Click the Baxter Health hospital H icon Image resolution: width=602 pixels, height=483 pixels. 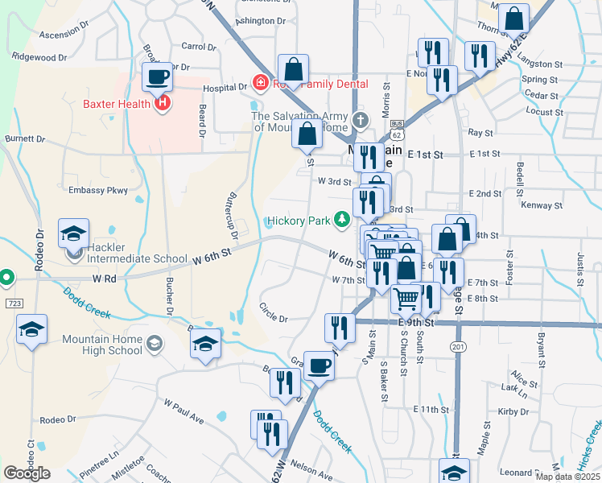163,103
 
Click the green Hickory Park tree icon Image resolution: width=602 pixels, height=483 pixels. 342,218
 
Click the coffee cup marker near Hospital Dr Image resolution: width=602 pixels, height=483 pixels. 158,79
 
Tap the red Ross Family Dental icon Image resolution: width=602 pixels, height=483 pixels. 259,84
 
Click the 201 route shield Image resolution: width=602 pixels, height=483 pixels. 458,347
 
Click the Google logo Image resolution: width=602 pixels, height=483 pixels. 27,473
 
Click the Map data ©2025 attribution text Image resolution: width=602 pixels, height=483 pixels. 568,477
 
